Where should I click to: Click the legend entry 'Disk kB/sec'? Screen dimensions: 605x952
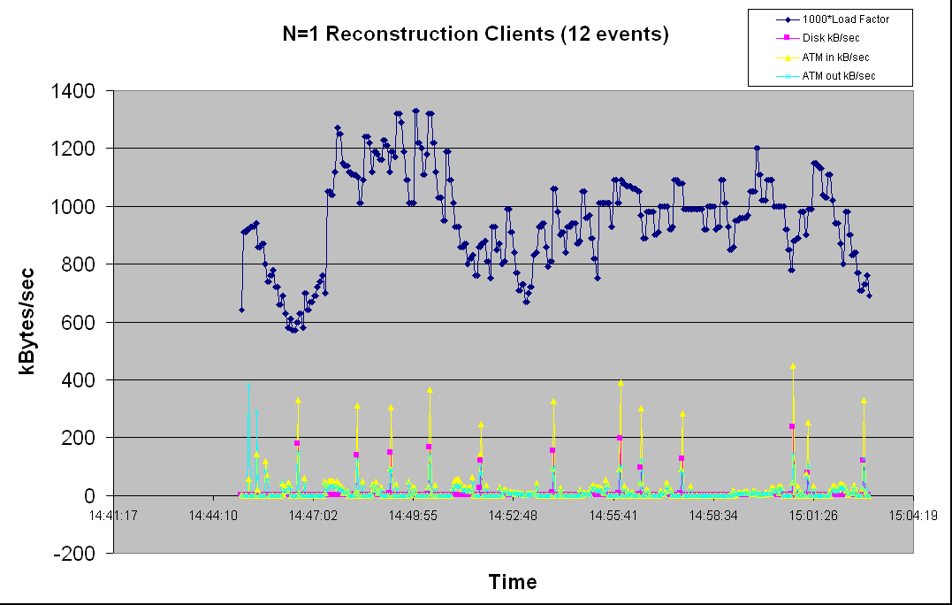[x=830, y=38]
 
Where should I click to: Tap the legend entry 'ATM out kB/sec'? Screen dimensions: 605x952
[x=838, y=76]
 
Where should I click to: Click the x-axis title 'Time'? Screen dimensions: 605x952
[x=513, y=582]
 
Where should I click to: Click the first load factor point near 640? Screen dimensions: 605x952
[x=241, y=310]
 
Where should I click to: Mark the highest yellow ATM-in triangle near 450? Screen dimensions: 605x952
[x=793, y=365]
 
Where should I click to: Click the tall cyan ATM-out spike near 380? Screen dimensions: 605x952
[x=249, y=387]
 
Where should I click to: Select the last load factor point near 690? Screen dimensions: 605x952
[x=869, y=295]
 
